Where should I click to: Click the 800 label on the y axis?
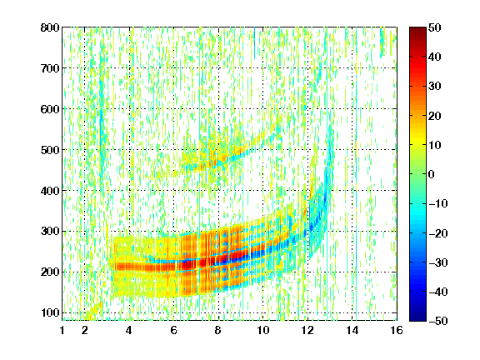pos(50,27)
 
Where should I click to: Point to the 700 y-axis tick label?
pos(50,68)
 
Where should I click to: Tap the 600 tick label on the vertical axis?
pos(50,109)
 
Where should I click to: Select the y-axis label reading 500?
pos(50,150)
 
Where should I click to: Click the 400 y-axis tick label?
pos(50,191)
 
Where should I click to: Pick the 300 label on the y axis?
pos(50,232)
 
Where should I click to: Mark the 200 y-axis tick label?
pos(50,272)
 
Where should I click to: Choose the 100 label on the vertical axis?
pos(50,312)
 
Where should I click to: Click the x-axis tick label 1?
pos(62,330)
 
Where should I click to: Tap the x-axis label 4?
pos(129,330)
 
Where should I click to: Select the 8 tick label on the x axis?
pos(218,330)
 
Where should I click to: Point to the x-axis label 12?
pos(307,330)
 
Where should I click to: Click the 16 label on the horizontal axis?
pos(397,330)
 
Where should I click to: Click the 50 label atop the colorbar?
pos(434,27)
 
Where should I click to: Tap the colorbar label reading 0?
pos(432,174)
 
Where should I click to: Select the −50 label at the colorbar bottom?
pos(438,321)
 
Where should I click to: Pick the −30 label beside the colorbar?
pos(438,262)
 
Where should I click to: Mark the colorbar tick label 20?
pos(434,116)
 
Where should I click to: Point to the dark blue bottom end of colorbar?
pos(417,318)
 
